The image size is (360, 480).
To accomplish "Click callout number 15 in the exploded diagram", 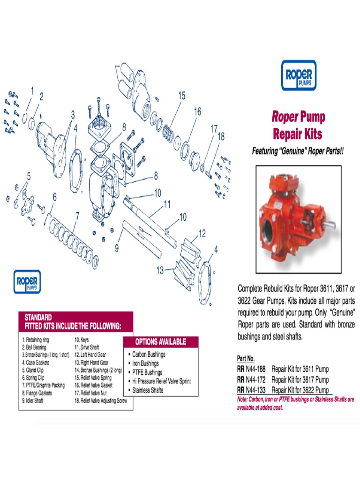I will pyautogui.click(x=181, y=96).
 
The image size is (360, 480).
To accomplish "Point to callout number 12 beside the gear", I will pyautogui.click(x=202, y=232).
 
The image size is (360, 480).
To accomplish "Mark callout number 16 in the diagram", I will pyautogui.click(x=197, y=112).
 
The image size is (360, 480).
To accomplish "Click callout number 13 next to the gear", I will pyautogui.click(x=160, y=270).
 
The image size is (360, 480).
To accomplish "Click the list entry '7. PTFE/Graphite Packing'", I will pyautogui.click(x=43, y=385).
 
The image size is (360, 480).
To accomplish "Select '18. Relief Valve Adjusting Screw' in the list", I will pyautogui.click(x=100, y=401).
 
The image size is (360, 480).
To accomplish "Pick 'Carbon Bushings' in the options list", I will pyautogui.click(x=149, y=354).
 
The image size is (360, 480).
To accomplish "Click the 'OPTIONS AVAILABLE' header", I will pyautogui.click(x=160, y=341).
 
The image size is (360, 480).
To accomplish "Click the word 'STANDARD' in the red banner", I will pyautogui.click(x=38, y=317).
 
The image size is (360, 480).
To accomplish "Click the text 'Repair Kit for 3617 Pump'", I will pyautogui.click(x=300, y=380).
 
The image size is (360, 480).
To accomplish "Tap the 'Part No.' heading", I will pyautogui.click(x=246, y=358).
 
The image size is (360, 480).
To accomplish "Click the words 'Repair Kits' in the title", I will pyautogui.click(x=298, y=134).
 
